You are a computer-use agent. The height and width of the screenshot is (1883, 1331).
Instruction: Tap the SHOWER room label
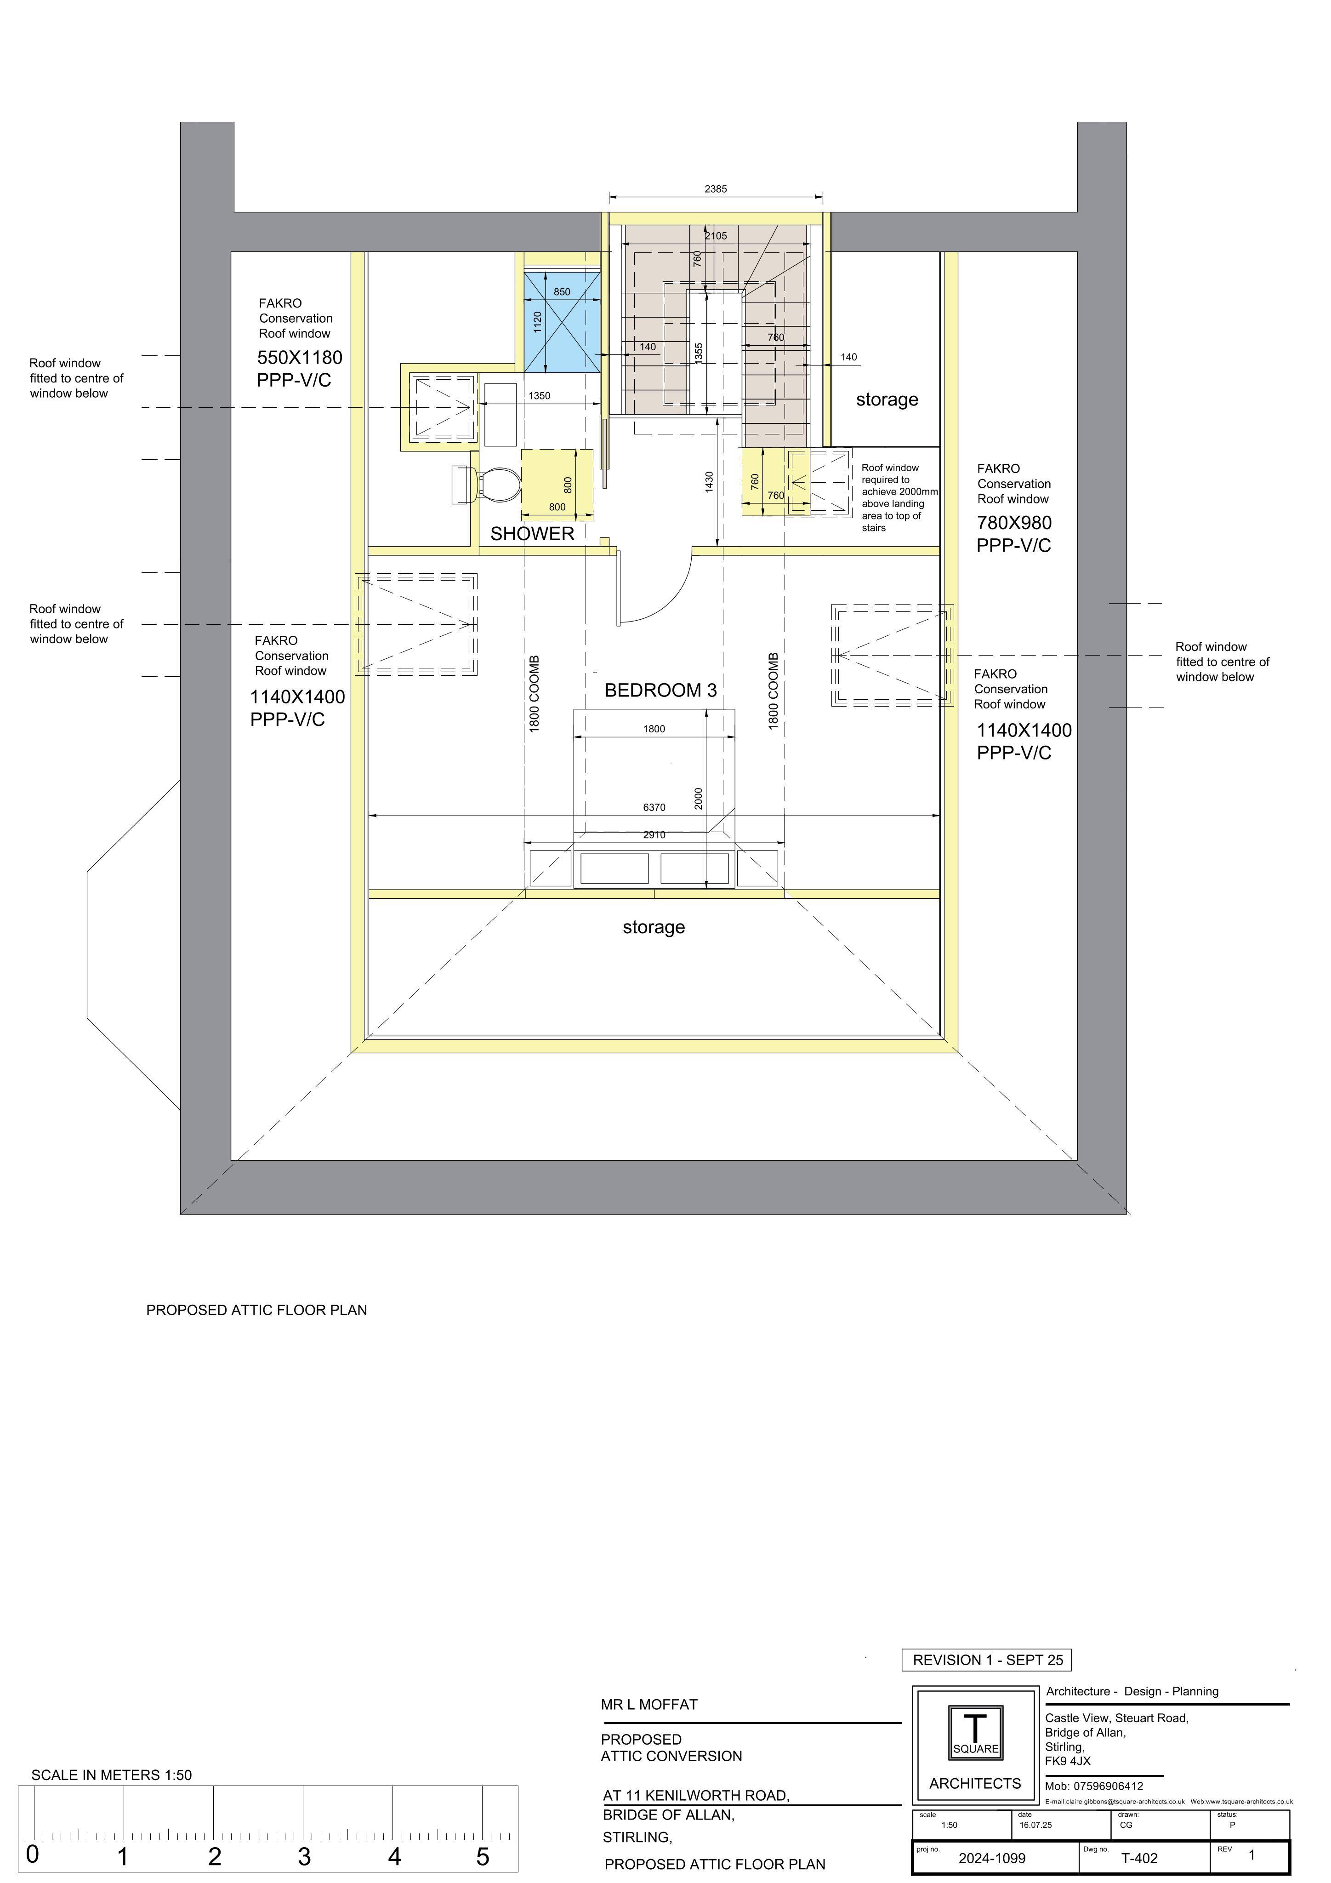[x=532, y=534]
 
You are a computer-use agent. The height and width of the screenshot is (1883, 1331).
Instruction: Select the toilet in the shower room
[x=486, y=485]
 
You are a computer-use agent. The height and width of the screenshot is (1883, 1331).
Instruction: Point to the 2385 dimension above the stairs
[x=715, y=189]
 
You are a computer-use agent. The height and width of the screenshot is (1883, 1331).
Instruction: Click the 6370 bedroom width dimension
[x=654, y=808]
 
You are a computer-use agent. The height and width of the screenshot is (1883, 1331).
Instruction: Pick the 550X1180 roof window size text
[x=299, y=358]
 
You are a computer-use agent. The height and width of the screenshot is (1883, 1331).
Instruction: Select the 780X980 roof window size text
[x=1013, y=522]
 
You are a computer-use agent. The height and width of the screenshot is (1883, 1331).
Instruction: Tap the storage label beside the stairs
[x=887, y=400]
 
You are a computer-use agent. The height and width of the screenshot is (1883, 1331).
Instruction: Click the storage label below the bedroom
[x=654, y=928]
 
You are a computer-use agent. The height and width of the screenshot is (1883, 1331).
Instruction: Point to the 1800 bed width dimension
[x=654, y=729]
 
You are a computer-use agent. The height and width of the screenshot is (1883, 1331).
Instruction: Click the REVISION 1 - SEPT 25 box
[x=987, y=1660]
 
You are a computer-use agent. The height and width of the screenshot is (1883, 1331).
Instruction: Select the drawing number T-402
[x=1139, y=1858]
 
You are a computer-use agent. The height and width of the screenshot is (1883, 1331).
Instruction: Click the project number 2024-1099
[x=991, y=1858]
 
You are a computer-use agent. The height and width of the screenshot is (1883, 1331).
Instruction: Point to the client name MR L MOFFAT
[x=648, y=1704]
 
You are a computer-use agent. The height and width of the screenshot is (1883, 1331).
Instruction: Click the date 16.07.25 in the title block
[x=1035, y=1825]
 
